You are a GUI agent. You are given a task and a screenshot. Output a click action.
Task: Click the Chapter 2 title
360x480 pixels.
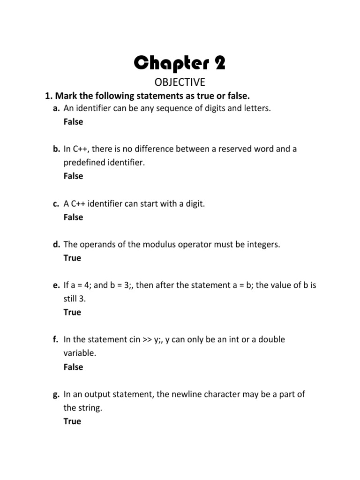pos(180,62)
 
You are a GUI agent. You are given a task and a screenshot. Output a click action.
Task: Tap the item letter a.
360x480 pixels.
pos(56,109)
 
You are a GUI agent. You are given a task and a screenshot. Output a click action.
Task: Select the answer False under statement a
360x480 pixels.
pos(73,122)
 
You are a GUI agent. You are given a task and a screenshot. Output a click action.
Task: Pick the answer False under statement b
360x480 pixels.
pos(73,176)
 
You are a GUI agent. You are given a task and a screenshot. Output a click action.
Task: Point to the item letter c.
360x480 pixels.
pos(56,204)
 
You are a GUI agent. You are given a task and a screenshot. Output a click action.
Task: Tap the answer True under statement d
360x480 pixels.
pos(72,258)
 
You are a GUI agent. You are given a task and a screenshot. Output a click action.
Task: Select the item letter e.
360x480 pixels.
pos(56,285)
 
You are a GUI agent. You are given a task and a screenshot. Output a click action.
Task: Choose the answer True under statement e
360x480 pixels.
pos(72,312)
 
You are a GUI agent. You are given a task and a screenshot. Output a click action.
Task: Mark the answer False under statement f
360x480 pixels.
pos(73,367)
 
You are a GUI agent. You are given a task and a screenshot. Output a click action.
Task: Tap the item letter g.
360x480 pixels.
pos(56,395)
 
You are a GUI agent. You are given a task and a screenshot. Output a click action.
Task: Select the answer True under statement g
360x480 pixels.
pos(72,421)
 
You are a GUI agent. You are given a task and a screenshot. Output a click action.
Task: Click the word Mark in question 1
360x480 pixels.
pos(66,96)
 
